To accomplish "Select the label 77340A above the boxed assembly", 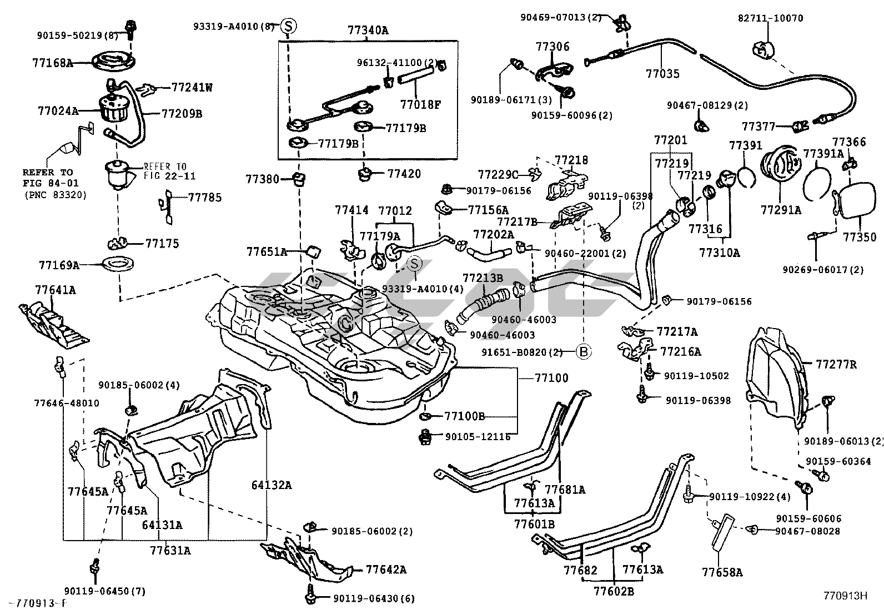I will (368, 31).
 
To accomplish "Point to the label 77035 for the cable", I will (662, 73).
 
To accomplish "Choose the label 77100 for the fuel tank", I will (551, 378).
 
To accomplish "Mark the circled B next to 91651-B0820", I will (584, 351).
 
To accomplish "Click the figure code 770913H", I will (845, 596).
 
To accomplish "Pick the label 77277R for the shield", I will (836, 365).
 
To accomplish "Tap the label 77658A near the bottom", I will (722, 572).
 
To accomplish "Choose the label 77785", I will (205, 197).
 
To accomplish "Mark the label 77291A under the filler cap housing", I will (781, 210).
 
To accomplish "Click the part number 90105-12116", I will (478, 437).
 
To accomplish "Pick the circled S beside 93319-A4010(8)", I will (288, 25).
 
